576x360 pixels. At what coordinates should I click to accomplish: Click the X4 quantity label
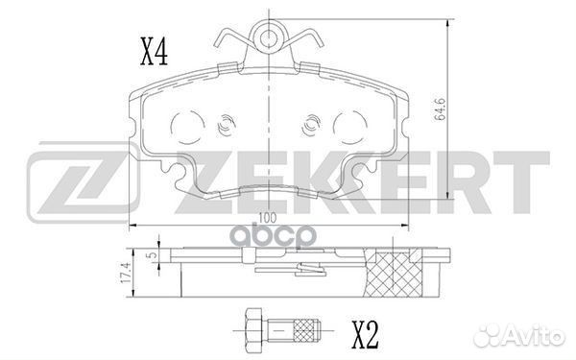point(155,53)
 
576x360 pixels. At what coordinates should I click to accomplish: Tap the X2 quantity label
point(365,335)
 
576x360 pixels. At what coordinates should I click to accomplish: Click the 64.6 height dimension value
point(440,108)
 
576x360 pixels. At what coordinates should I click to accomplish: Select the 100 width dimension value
point(268,218)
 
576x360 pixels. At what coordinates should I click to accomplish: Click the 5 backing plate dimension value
point(154,254)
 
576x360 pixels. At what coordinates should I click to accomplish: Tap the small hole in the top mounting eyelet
point(269,37)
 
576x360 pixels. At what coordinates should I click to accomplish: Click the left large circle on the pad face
point(188,128)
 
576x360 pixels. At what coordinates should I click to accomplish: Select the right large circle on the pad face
point(350,128)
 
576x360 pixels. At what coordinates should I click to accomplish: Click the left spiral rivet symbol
point(226,125)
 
